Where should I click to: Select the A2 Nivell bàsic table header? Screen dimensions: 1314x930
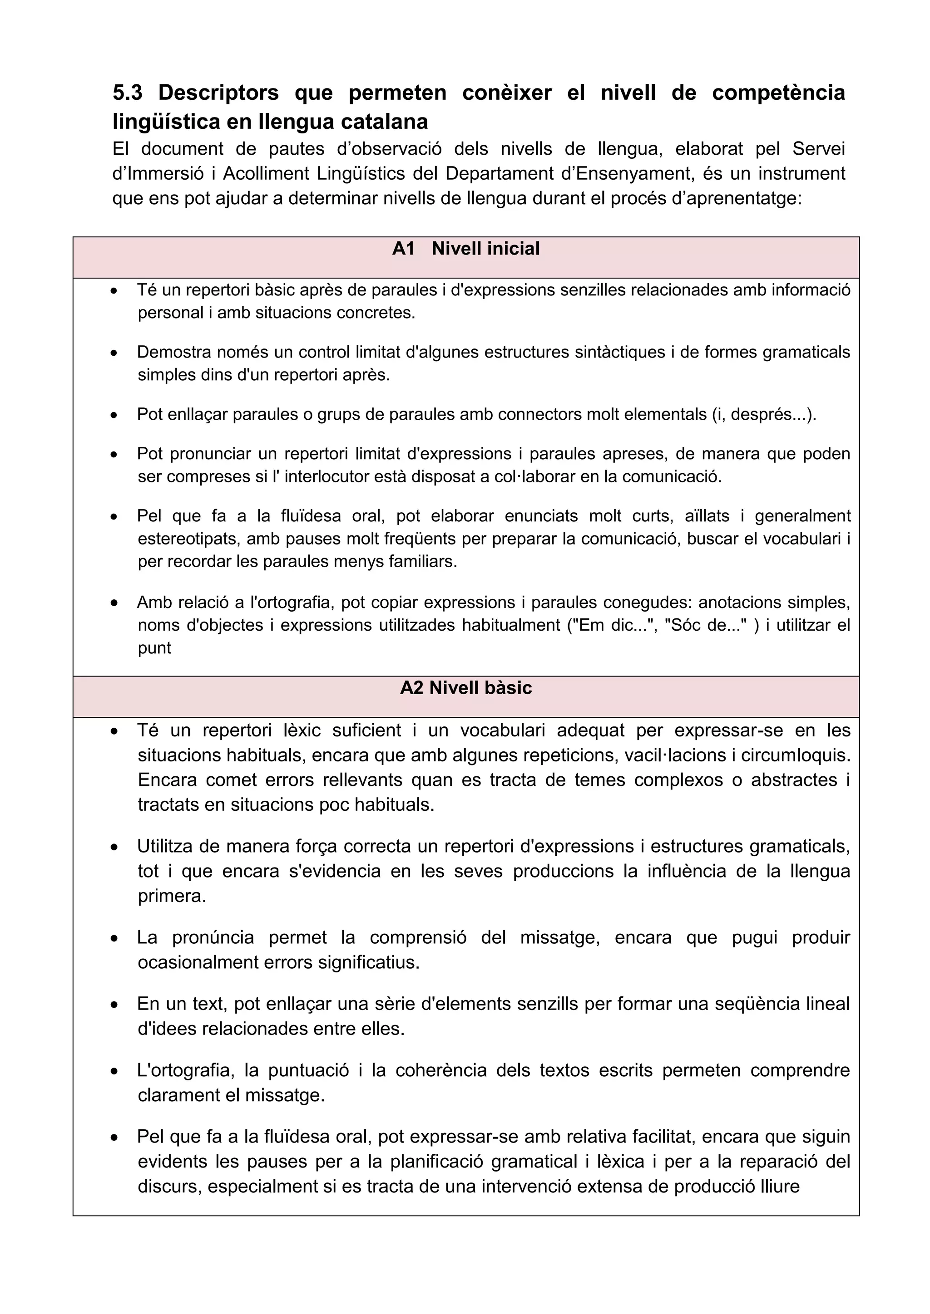pyautogui.click(x=465, y=688)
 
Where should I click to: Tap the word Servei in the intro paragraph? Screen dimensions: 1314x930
pyautogui.click(x=818, y=149)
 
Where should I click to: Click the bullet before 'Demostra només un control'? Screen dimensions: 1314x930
pyautogui.click(x=114, y=353)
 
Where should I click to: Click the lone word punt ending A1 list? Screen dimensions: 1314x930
pyautogui.click(x=154, y=648)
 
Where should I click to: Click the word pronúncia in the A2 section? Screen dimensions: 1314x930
pyautogui.click(x=213, y=937)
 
